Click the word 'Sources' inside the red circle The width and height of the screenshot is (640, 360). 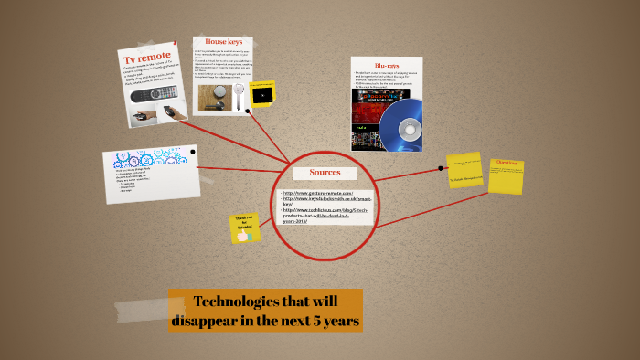pos(325,172)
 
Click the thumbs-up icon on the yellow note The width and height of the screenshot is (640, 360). pos(243,235)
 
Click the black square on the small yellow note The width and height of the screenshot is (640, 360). pos(263,94)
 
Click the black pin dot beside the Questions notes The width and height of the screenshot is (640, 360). pos(441,168)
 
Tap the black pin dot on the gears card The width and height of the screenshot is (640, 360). pos(192,150)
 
